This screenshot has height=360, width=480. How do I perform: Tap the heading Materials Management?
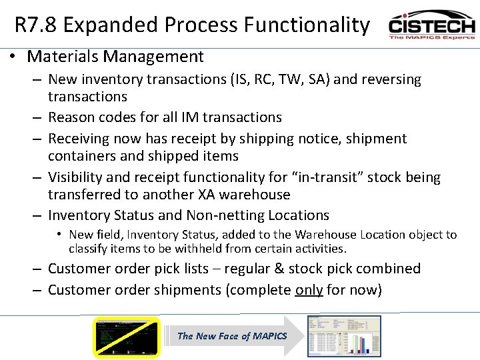[115, 57]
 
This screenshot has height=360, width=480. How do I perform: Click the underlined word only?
[309, 290]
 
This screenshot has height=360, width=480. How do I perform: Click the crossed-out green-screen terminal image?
[127, 337]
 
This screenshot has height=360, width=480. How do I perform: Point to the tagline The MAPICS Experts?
[432, 37]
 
